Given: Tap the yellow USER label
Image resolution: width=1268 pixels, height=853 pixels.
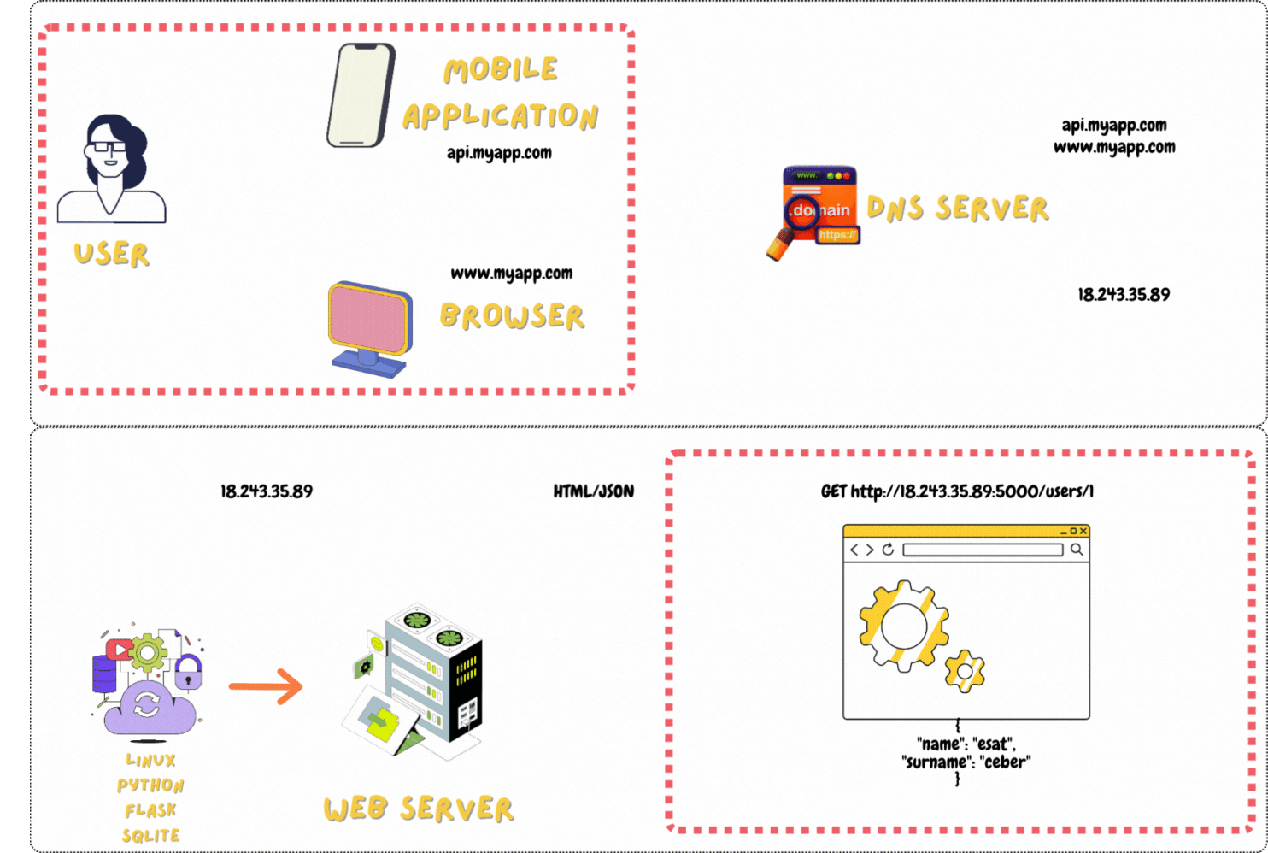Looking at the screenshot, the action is [x=111, y=254].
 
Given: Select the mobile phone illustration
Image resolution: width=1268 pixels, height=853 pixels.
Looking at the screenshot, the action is [x=361, y=96].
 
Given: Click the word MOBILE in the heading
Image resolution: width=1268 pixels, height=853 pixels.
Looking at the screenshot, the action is [x=501, y=70].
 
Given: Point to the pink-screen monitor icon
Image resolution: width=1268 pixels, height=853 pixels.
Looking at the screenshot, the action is [x=370, y=328].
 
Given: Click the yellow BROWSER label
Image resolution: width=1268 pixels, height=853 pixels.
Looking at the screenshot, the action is [x=512, y=316].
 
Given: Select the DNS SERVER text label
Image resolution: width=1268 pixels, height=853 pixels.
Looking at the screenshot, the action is [x=958, y=209].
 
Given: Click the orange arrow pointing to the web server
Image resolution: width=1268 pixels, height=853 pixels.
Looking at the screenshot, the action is [x=266, y=686].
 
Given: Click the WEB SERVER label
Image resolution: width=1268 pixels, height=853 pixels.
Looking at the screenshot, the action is [x=418, y=809].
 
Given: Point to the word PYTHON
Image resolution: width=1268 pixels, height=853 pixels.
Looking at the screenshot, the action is [x=150, y=785].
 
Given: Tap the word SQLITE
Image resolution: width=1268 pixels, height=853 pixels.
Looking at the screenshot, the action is [x=150, y=835].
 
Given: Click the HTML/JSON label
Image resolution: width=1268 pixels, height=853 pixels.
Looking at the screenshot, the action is [x=593, y=491].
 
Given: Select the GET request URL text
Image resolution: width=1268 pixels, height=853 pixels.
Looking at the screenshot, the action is [x=957, y=491].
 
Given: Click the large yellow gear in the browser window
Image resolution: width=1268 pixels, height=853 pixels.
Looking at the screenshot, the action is [x=903, y=626].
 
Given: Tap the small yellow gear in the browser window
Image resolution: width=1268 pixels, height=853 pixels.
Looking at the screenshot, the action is [x=965, y=672].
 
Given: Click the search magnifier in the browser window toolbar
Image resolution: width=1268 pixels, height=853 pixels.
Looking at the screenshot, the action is [x=1077, y=550].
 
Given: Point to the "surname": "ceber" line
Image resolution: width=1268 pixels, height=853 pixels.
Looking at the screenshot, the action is [x=966, y=762].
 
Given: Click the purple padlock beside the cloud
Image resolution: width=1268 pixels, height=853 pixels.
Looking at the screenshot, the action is [x=188, y=673].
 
